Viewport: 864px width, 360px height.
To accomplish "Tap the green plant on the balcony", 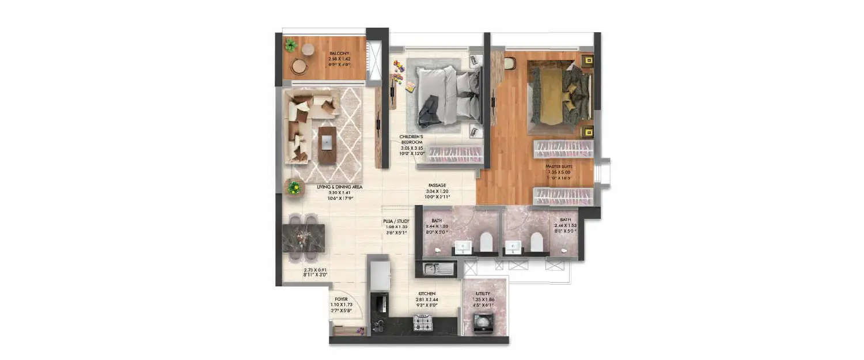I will [290, 44].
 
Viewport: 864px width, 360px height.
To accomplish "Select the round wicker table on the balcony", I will [299, 66].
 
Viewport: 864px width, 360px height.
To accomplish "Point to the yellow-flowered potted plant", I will [294, 187].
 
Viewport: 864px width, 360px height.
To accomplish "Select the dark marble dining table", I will [304, 238].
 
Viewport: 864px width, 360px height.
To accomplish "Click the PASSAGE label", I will [437, 185].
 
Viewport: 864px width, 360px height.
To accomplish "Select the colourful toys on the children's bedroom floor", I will [399, 68].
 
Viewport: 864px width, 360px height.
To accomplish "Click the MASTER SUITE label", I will [559, 166].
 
